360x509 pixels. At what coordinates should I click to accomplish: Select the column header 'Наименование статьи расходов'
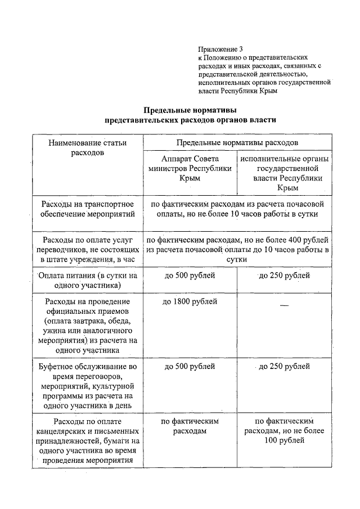tap(87, 147)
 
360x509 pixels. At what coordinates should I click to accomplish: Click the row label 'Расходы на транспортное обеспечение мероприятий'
tap(87, 209)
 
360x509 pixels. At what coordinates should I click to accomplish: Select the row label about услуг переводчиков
tap(87, 249)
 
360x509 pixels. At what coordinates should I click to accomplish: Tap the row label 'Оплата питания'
tap(87, 281)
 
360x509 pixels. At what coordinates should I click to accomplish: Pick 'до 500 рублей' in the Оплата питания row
tap(190, 276)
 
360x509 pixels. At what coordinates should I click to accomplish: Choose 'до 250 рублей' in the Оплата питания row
tap(284, 276)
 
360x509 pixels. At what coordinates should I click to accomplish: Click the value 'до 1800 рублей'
tap(190, 302)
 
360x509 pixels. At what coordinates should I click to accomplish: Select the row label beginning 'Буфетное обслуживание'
tap(87, 387)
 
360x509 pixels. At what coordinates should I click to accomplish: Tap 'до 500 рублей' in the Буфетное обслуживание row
tap(190, 367)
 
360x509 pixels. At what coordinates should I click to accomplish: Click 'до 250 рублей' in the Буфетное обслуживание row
tap(284, 367)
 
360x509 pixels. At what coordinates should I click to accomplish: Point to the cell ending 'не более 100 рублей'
tap(284, 431)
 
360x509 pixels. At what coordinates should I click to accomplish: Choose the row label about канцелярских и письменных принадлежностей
tap(87, 441)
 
